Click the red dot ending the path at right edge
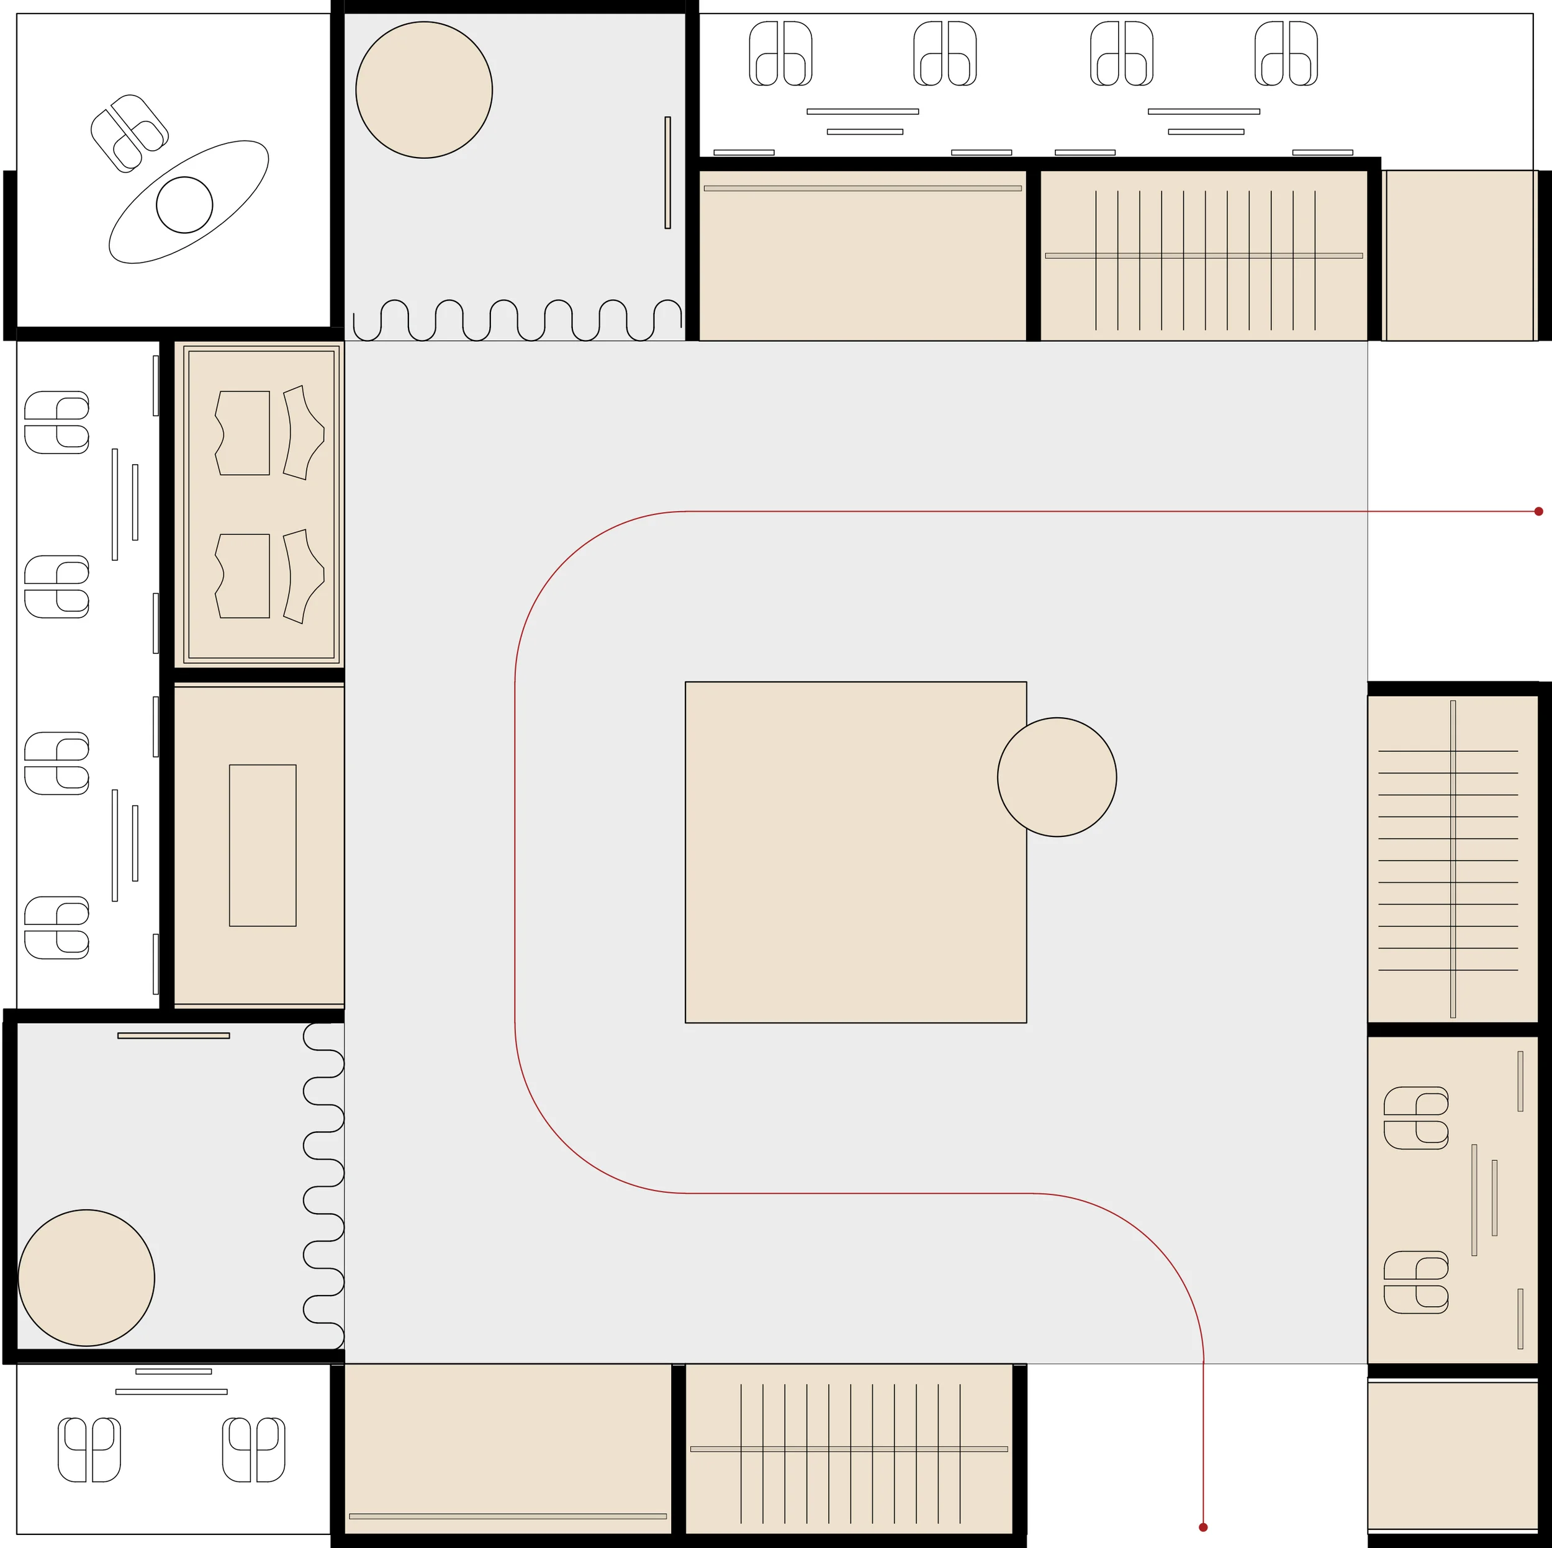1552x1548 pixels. (x=1538, y=511)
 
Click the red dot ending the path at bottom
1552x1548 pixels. (x=1202, y=1527)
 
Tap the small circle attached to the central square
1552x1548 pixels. (x=1057, y=777)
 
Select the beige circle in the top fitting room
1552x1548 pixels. (x=424, y=90)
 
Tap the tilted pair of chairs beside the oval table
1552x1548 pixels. (x=129, y=133)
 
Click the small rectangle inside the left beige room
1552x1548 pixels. (x=263, y=846)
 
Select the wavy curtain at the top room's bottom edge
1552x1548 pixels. (x=517, y=320)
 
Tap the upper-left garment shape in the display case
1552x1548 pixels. (x=243, y=434)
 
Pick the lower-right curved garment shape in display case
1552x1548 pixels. (x=303, y=576)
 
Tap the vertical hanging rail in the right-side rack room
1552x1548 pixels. (x=1453, y=859)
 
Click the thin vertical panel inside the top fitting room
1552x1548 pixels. (x=667, y=172)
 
